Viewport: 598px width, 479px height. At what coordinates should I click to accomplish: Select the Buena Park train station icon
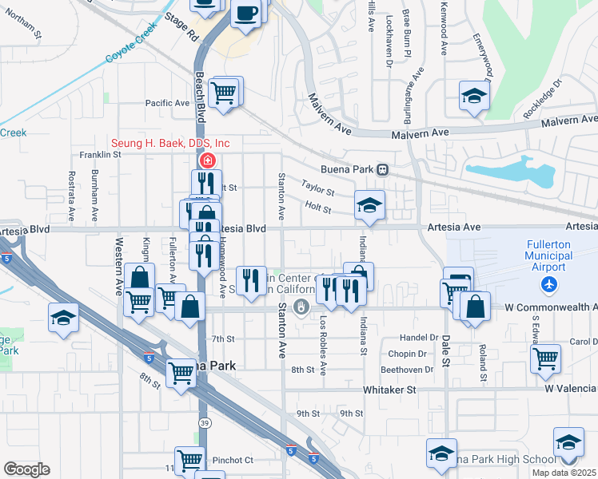point(383,169)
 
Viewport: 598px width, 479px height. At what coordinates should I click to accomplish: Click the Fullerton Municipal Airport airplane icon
point(548,284)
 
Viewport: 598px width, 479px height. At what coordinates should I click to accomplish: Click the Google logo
point(26,469)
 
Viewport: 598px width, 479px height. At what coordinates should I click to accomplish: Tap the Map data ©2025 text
point(564,473)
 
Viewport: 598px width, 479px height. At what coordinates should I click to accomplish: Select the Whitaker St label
point(390,390)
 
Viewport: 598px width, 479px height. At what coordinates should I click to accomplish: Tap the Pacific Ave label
point(166,103)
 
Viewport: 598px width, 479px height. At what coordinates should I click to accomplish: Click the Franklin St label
point(99,155)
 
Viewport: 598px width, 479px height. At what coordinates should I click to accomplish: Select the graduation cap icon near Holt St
point(369,207)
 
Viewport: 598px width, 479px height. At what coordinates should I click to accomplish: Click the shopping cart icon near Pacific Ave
point(227,92)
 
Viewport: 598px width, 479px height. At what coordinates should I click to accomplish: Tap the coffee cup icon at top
point(247,14)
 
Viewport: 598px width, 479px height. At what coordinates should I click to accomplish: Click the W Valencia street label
point(571,389)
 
